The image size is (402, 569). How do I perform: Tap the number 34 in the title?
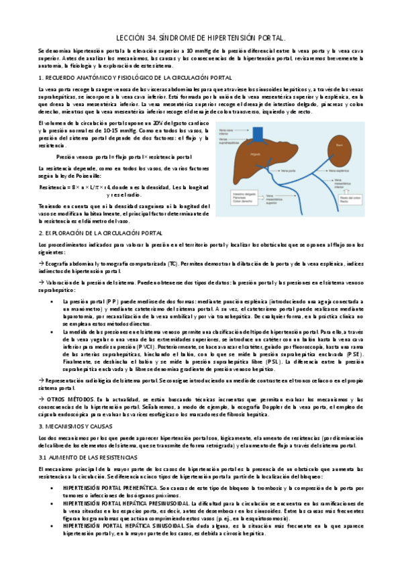click(155, 38)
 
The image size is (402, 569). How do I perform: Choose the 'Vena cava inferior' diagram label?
click(232, 130)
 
